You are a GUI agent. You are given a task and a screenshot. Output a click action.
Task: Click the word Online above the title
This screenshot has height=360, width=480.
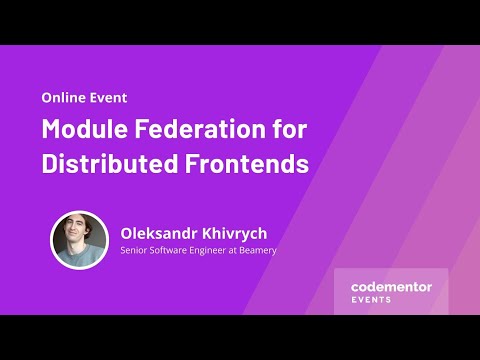(61, 98)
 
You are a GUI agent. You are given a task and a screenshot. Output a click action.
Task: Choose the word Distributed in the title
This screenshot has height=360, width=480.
(107, 164)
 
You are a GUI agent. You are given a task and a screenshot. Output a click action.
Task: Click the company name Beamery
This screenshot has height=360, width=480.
(259, 250)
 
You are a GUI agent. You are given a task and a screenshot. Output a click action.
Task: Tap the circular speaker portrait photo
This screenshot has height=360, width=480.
(79, 240)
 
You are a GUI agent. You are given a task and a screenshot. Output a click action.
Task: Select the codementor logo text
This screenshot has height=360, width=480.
(391, 287)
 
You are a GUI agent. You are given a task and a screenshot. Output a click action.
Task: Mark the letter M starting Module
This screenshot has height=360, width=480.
(52, 130)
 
